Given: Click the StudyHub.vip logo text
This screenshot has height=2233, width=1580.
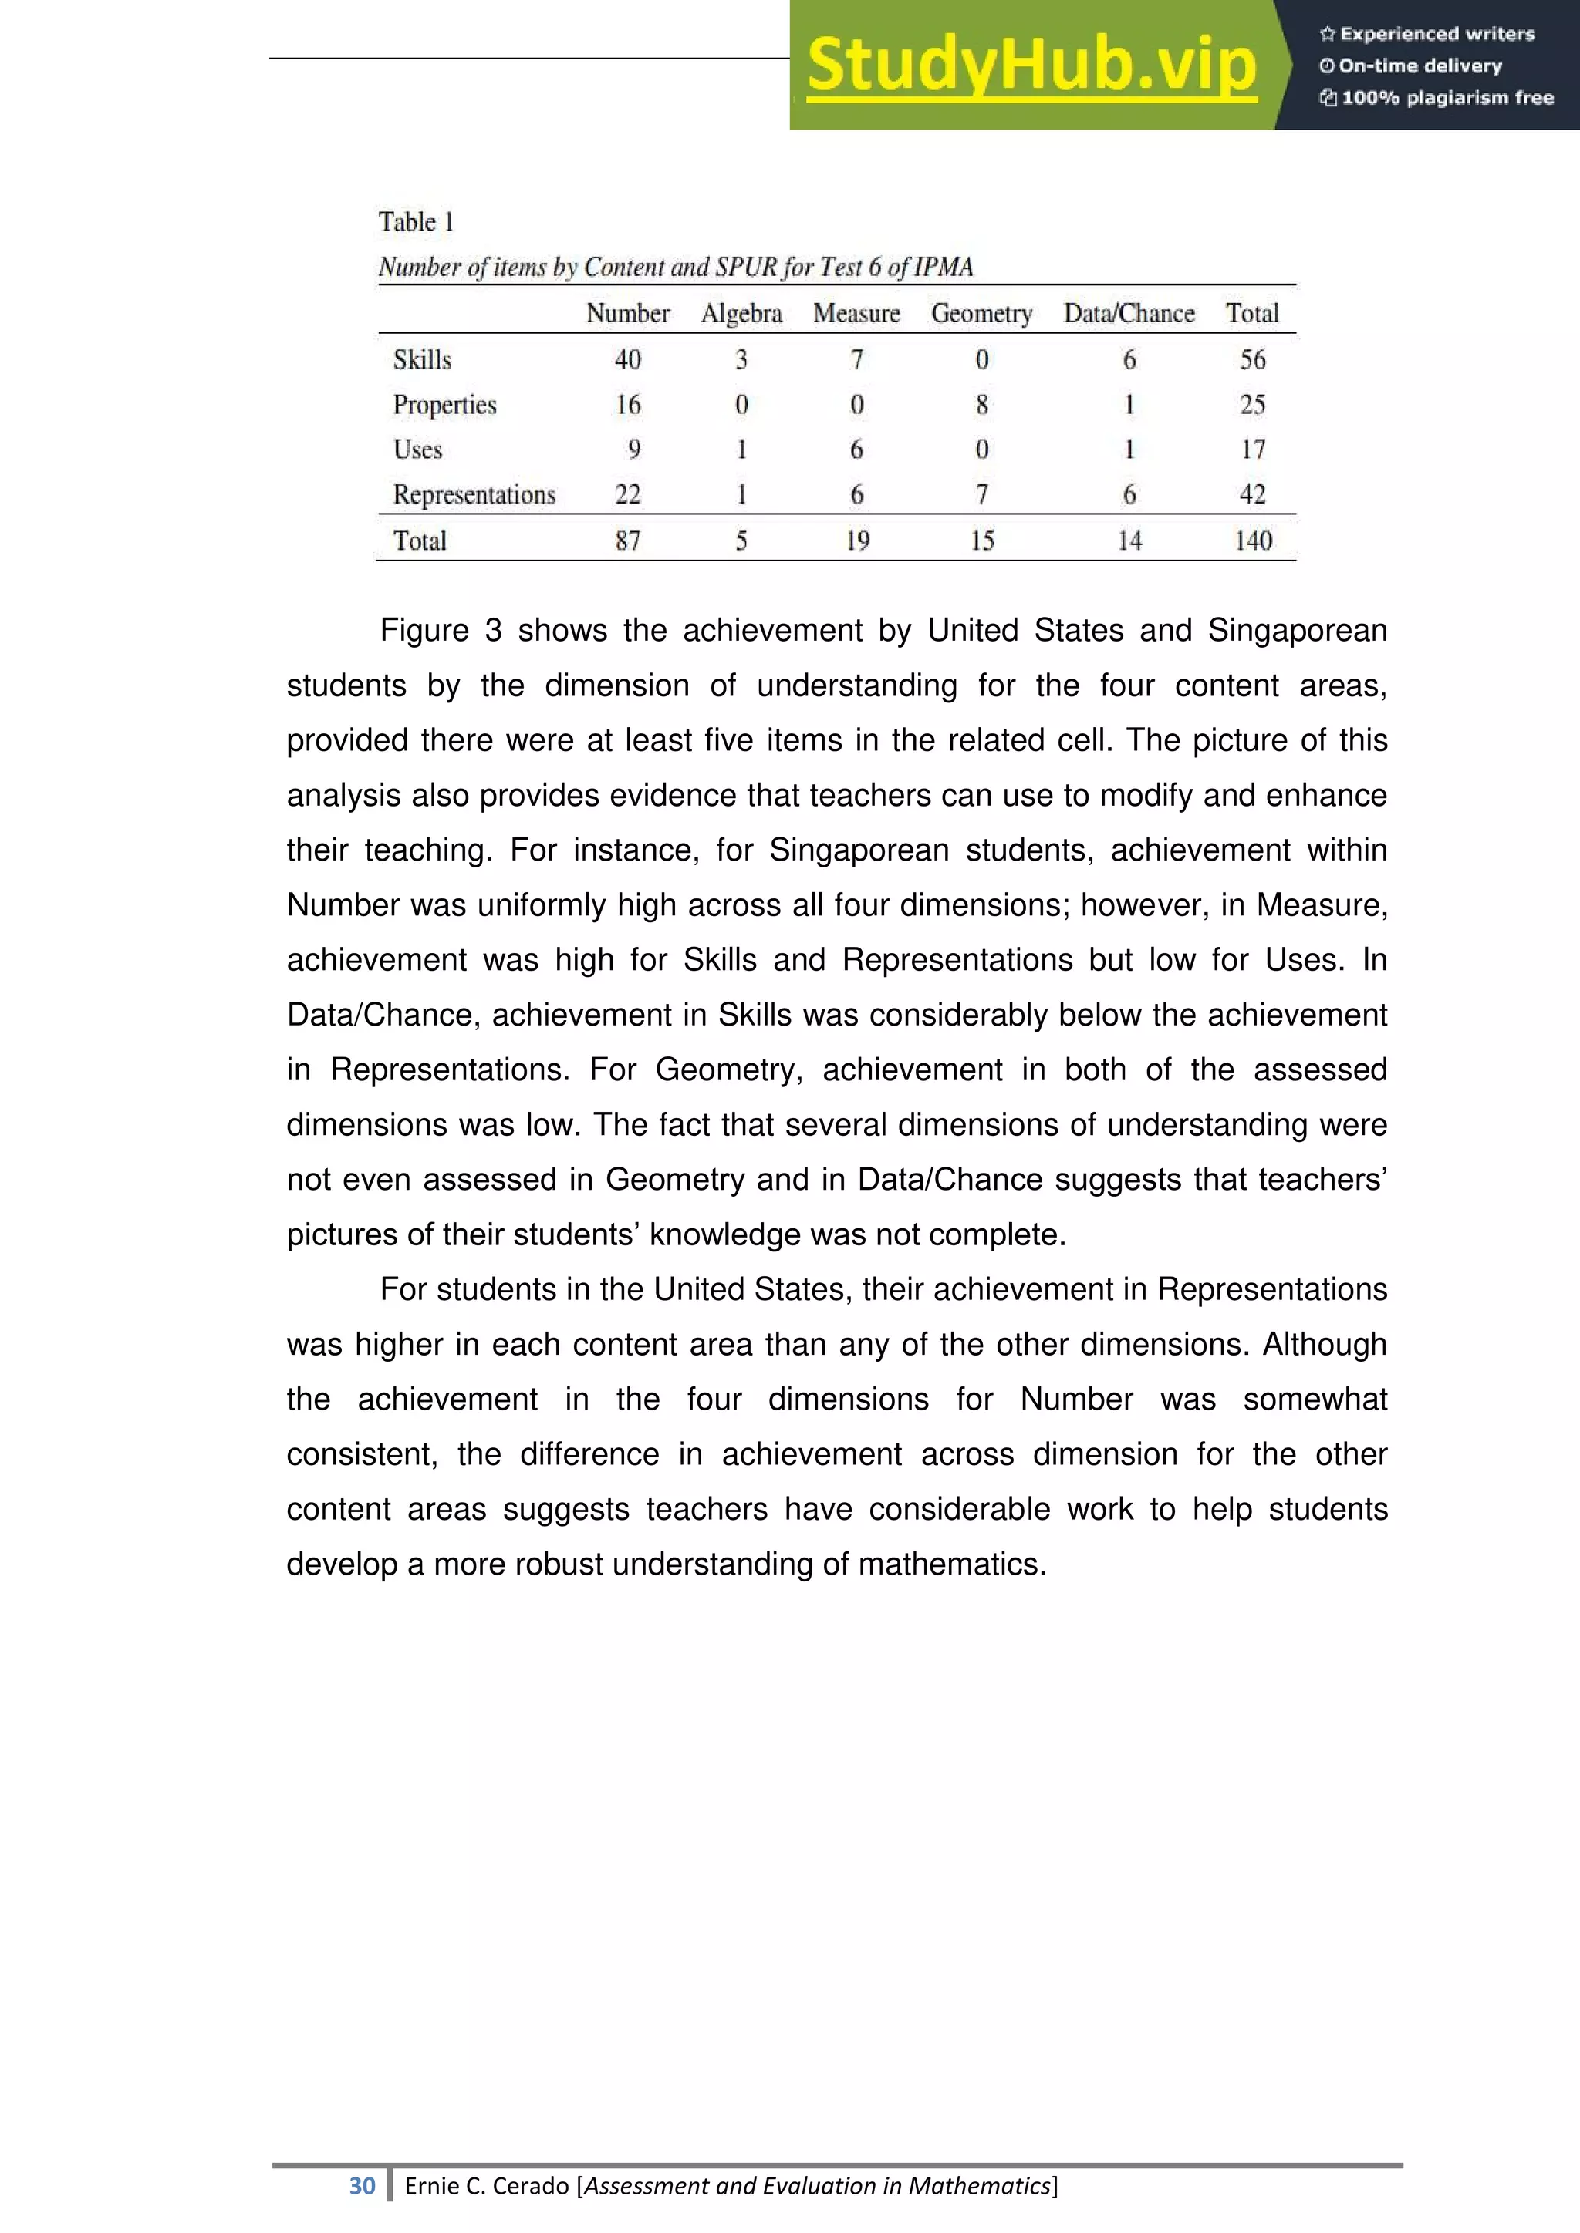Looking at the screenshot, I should click(x=1031, y=66).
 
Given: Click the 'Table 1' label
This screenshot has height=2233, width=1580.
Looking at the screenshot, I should click(x=417, y=222).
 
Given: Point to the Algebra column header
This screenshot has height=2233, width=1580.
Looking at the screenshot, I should click(x=741, y=313).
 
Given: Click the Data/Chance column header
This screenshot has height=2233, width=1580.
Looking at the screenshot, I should click(x=1129, y=313).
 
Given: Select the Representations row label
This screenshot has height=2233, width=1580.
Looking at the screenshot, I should click(x=474, y=494).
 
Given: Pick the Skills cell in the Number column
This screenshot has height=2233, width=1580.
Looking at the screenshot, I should click(x=627, y=360).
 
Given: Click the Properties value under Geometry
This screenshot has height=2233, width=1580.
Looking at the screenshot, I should click(x=981, y=405).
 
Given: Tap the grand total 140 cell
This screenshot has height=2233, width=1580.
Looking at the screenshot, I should click(x=1252, y=541).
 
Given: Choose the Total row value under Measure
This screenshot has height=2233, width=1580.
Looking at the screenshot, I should click(x=857, y=541).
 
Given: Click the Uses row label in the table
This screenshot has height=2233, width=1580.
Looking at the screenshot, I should click(x=417, y=450).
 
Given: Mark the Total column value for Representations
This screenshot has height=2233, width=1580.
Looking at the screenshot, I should click(x=1252, y=494).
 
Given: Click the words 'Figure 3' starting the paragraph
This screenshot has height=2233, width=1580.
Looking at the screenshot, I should click(x=440, y=630).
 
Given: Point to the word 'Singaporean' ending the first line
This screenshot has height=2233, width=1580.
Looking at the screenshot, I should click(x=1297, y=630).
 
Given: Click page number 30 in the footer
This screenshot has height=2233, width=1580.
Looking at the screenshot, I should click(x=362, y=2185).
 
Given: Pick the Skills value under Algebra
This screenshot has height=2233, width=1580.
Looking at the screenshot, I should click(x=741, y=360).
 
